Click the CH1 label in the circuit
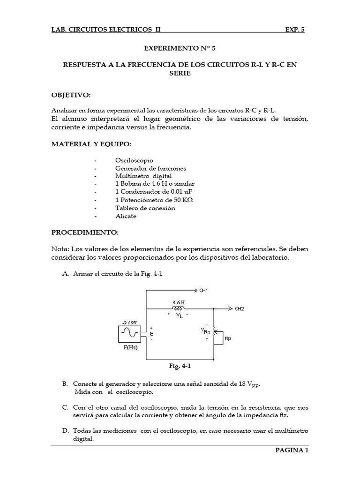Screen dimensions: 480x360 tap(203, 291)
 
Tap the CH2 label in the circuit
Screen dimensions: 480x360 tap(239, 309)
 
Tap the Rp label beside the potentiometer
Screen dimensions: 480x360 tap(228, 338)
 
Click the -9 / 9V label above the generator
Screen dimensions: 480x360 tap(130, 322)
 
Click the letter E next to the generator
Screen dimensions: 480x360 tap(151, 334)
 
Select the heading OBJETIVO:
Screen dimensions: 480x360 tap(70, 95)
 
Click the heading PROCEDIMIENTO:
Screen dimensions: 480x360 tap(85, 232)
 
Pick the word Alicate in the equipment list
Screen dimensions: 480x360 tap(126, 216)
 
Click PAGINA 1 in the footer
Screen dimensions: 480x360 tap(291, 451)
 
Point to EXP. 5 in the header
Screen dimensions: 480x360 tap(295, 29)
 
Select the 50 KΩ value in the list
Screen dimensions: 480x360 tap(183, 200)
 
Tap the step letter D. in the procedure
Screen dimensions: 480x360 tap(65, 431)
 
